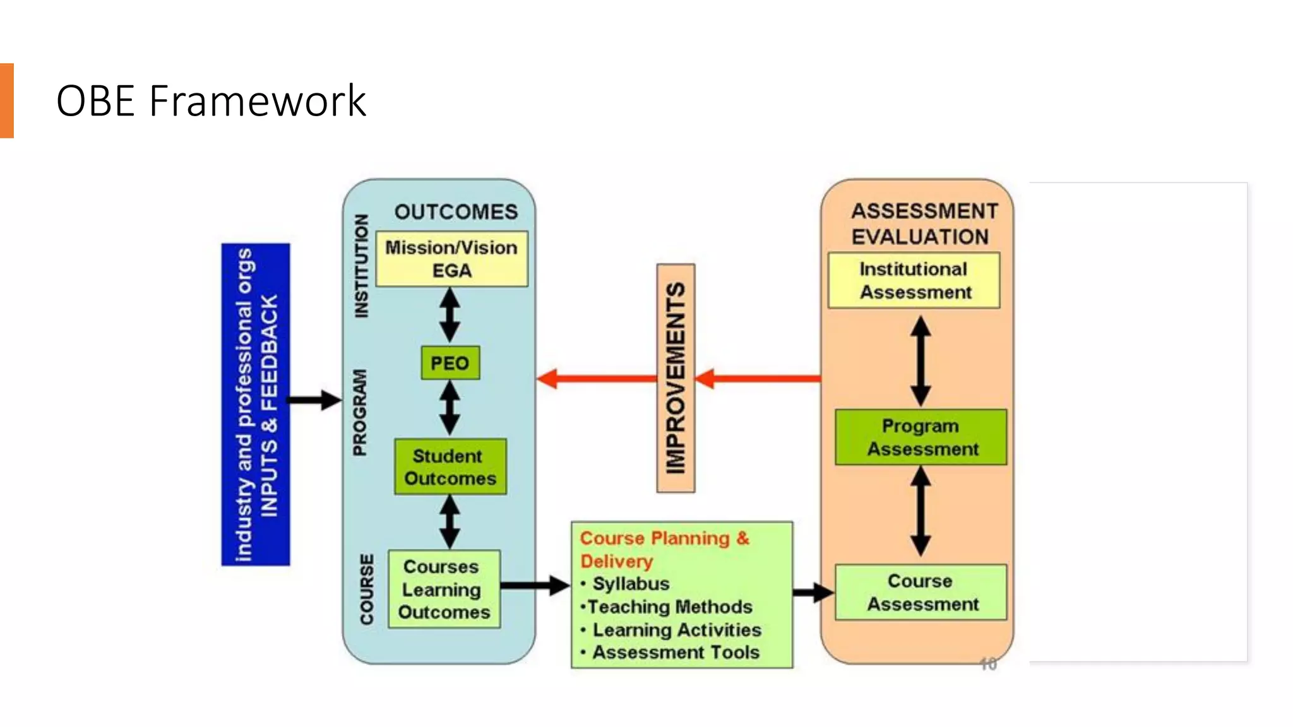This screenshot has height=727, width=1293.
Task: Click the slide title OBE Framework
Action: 211,101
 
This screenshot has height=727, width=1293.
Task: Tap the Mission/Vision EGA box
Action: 451,259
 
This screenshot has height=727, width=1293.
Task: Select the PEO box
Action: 450,363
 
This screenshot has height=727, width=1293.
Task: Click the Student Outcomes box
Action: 450,467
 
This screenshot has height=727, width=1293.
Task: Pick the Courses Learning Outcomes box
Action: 444,589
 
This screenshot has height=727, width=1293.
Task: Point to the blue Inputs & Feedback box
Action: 256,405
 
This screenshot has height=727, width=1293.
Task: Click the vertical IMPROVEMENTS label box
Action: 676,378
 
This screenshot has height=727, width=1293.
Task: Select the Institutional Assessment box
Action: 914,281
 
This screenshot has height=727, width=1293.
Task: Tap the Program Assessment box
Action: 921,437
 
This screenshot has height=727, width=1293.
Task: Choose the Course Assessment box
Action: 921,593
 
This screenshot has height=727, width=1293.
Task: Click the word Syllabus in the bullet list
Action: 631,584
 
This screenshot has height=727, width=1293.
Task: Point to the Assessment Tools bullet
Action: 676,653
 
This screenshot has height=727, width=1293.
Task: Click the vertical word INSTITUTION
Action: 361,266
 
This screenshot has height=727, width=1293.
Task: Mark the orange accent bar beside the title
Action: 6,101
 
